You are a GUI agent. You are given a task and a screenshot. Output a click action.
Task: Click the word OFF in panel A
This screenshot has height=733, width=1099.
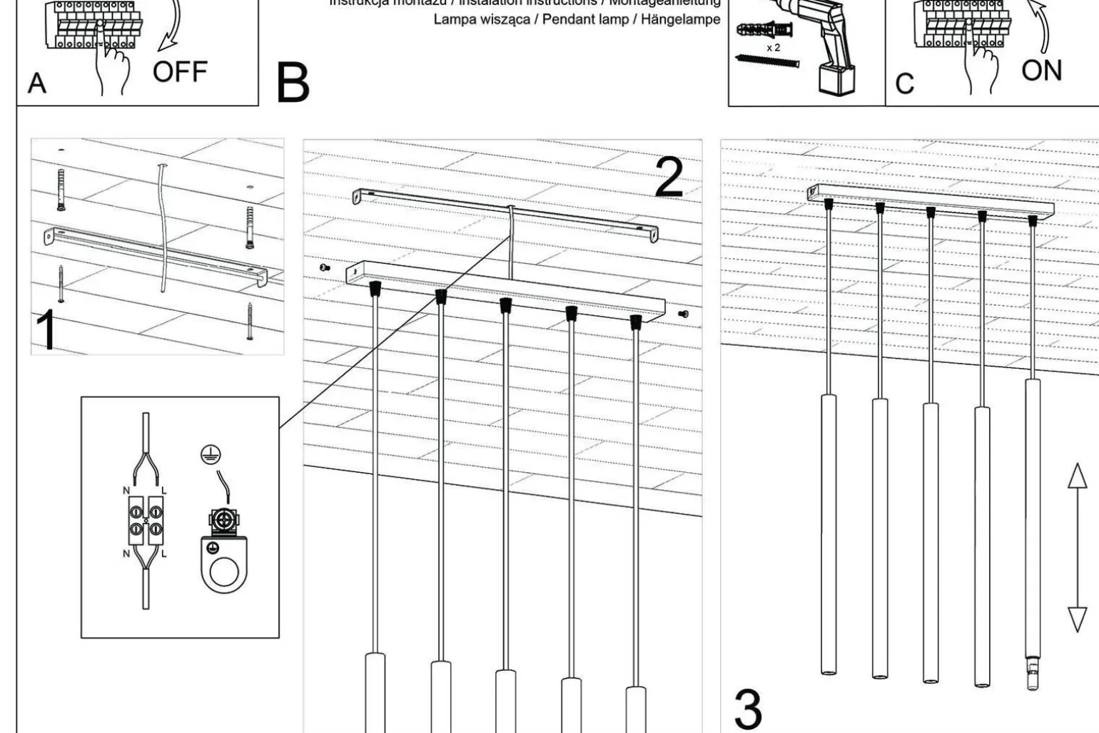(180, 72)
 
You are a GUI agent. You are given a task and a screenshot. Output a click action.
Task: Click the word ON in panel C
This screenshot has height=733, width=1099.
(1041, 71)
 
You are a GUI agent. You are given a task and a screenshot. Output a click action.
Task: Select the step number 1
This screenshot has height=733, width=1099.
(46, 330)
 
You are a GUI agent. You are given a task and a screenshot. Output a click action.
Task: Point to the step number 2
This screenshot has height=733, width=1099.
(669, 178)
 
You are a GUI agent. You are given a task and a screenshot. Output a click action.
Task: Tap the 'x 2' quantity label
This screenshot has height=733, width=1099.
(773, 48)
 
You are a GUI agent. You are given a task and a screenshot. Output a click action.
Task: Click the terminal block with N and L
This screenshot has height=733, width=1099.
(146, 518)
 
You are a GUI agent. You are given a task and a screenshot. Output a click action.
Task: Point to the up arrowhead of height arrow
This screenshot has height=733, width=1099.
(1077, 476)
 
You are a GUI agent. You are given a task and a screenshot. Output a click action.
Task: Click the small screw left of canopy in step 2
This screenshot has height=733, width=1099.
(325, 268)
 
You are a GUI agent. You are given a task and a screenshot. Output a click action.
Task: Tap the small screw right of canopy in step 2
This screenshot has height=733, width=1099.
(683, 313)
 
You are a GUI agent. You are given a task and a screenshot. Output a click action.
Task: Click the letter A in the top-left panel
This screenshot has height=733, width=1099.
(37, 83)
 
